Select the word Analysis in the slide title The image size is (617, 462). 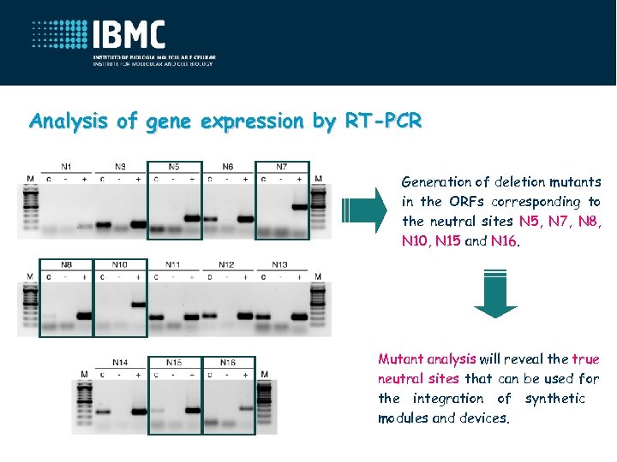[69, 121]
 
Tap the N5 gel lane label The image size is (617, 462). [174, 166]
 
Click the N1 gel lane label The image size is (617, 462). [66, 166]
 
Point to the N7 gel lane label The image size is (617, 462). [282, 166]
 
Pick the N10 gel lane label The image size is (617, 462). [120, 264]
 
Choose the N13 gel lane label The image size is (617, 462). [279, 264]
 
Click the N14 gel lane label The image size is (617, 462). [120, 363]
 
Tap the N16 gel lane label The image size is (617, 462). [228, 363]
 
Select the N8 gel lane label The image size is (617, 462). [66, 264]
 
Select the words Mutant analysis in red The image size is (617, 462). [427, 359]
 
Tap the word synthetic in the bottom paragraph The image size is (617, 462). [554, 399]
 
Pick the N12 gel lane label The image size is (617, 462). [226, 264]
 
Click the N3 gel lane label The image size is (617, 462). [120, 166]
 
